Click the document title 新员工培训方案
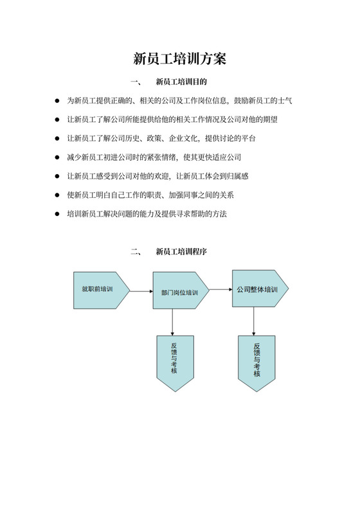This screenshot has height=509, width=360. click(x=179, y=59)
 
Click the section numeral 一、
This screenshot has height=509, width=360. click(x=136, y=82)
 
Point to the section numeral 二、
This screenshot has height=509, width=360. click(x=136, y=252)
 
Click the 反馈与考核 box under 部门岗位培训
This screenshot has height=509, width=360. click(x=174, y=362)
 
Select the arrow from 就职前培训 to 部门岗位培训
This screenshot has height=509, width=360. click(x=141, y=292)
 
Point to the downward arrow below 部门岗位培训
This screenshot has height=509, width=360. click(x=173, y=321)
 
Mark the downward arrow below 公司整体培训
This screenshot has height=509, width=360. click(x=256, y=321)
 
